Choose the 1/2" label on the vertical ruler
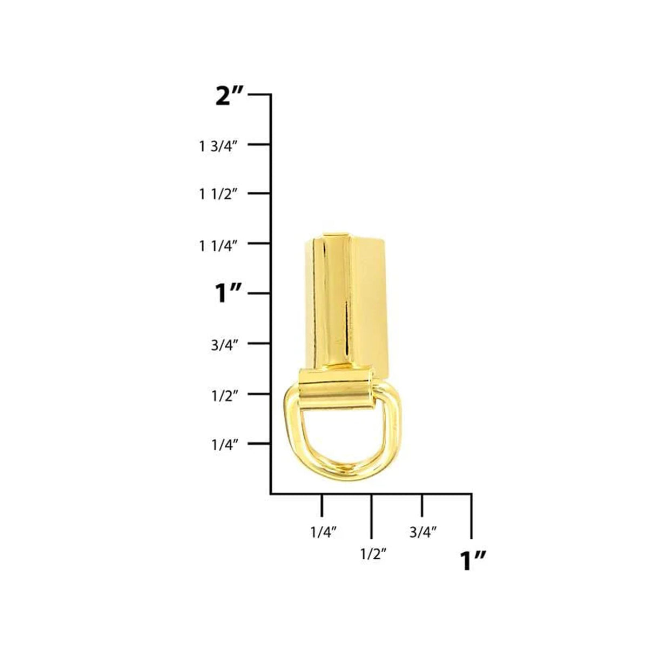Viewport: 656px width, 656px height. tap(225, 396)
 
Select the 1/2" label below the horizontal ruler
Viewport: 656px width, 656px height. tap(373, 554)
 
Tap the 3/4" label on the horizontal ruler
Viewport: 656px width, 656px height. tap(423, 532)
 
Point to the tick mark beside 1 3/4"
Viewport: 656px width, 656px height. tap(259, 144)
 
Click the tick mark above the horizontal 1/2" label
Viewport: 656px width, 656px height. tap(371, 513)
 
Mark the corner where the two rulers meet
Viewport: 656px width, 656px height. tap(271, 493)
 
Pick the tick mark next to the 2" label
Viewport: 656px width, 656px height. tap(259, 95)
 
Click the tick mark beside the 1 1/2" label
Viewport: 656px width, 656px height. tap(259, 193)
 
